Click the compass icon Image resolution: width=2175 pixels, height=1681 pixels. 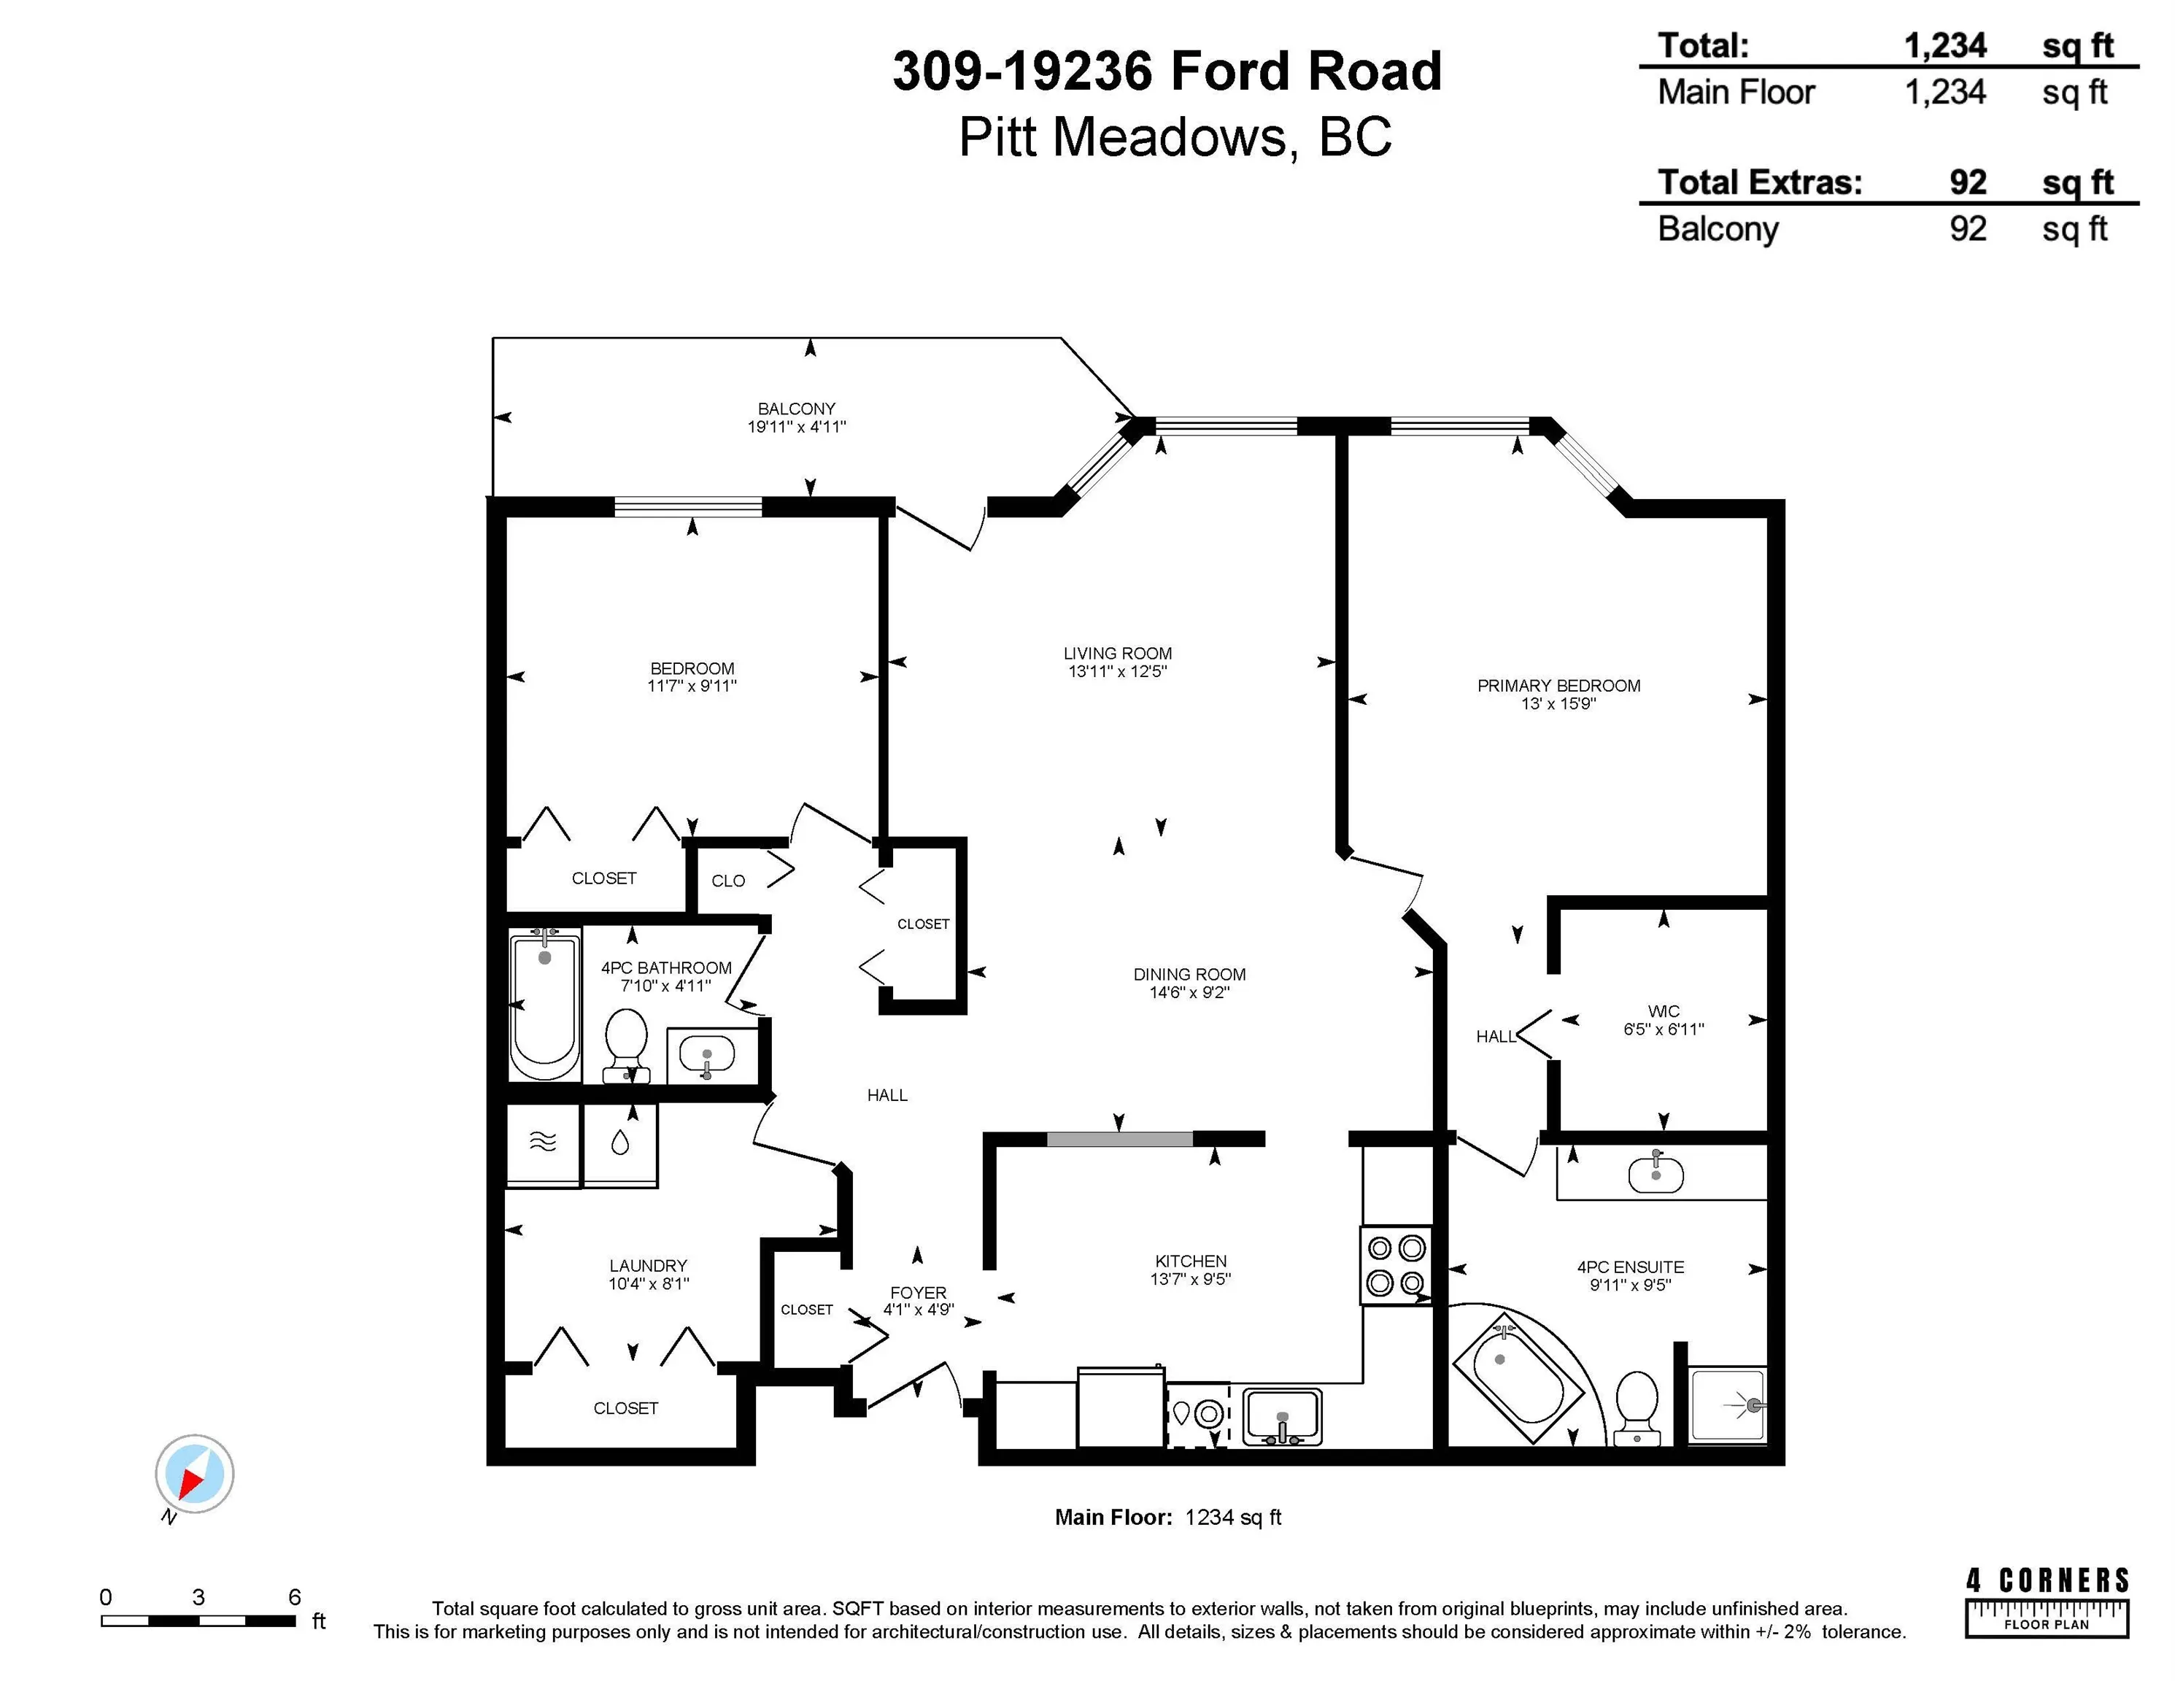[x=194, y=1474]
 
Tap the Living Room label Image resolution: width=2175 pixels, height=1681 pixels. [x=1117, y=653]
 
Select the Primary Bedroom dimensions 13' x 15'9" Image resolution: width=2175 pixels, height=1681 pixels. [x=1558, y=703]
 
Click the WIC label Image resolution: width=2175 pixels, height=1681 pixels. [x=1663, y=1010]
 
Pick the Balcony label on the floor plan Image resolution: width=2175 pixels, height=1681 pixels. [x=797, y=409]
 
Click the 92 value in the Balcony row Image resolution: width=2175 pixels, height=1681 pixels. [x=1968, y=229]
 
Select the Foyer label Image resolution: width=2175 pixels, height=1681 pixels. [x=918, y=1293]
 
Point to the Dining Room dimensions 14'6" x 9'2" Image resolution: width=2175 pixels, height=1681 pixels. [x=1190, y=992]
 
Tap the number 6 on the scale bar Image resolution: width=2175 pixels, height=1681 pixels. [x=295, y=1596]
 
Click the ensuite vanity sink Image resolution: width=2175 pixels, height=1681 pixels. [x=1656, y=1174]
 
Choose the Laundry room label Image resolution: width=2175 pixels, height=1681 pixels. [x=649, y=1266]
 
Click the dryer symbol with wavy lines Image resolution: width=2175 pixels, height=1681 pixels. [x=543, y=1143]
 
